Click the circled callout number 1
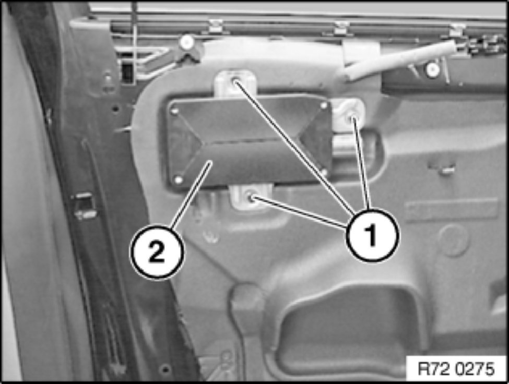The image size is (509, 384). (372, 235)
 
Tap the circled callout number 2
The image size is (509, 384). (157, 253)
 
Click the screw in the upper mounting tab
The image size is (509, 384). (235, 82)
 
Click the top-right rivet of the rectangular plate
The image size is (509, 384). (323, 105)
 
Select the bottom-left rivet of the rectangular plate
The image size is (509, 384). (178, 179)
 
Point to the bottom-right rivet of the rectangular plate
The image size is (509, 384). (324, 172)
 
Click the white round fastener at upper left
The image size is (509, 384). (187, 42)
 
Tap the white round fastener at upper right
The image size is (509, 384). (433, 69)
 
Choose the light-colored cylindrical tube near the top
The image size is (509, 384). (401, 60)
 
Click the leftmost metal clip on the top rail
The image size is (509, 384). (215, 27)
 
